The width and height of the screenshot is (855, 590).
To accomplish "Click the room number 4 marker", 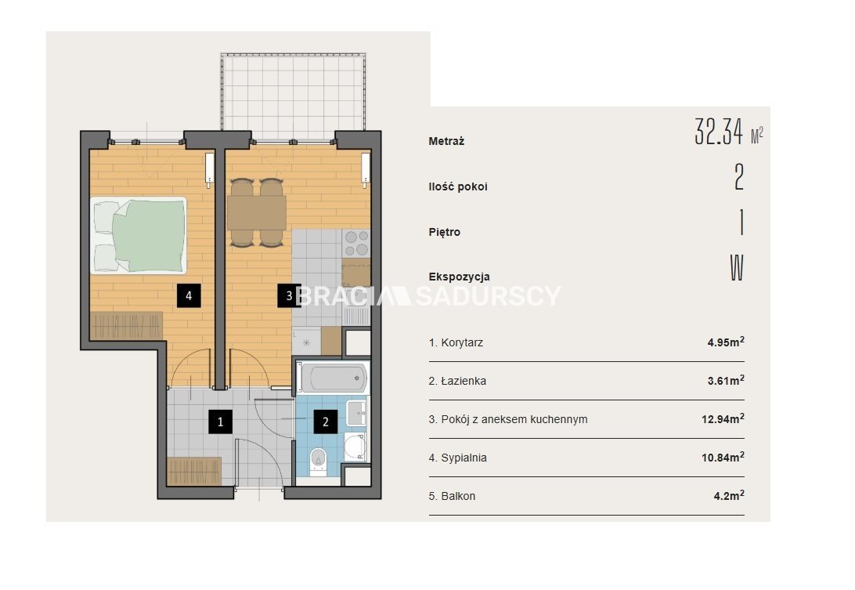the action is click(x=189, y=295).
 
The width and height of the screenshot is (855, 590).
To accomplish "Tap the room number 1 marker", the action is click(x=220, y=422).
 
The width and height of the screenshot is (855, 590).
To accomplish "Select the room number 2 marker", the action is click(x=326, y=422).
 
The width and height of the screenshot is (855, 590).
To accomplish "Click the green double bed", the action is click(x=139, y=235).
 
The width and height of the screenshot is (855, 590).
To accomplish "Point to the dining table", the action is click(x=257, y=212).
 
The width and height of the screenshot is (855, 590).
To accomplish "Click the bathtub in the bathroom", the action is click(x=334, y=377).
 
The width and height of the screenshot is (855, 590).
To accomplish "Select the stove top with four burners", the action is click(x=356, y=243).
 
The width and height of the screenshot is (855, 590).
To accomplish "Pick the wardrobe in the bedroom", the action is click(x=127, y=326).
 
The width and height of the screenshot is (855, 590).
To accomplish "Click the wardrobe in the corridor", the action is click(x=194, y=471).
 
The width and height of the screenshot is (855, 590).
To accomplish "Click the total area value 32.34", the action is click(x=719, y=132).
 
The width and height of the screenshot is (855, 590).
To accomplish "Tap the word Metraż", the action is click(x=446, y=141).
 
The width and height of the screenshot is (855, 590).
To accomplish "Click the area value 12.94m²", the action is click(x=723, y=418).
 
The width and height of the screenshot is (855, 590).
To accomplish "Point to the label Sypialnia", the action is click(x=464, y=458).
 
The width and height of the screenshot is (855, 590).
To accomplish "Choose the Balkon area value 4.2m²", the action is click(x=729, y=495).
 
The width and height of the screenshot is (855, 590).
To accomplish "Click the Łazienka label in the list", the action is click(x=464, y=381).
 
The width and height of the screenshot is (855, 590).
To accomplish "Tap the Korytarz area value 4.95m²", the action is click(x=726, y=342).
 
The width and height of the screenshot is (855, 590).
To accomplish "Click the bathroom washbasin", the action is click(x=357, y=413).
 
